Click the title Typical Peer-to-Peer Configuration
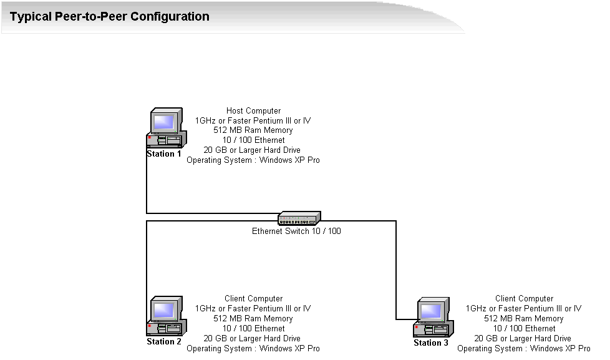pos(110,17)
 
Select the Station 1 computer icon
pos(165,129)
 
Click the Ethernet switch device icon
pos(299,218)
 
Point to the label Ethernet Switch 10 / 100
pos(296,231)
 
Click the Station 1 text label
pos(164,153)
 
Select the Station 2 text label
pos(164,341)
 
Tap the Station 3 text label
pos(431,343)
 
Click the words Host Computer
pos(253,111)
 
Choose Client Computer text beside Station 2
pos(253,299)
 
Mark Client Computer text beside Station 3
pos(524,299)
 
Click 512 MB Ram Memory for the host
pos(253,130)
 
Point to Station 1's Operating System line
pos(253,160)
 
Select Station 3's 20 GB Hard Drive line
pos(524,338)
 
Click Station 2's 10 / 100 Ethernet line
pos(253,328)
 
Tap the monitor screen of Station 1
pos(164,120)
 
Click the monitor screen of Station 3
pos(431,310)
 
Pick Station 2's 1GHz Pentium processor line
pos(253,308)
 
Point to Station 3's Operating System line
pos(524,348)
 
